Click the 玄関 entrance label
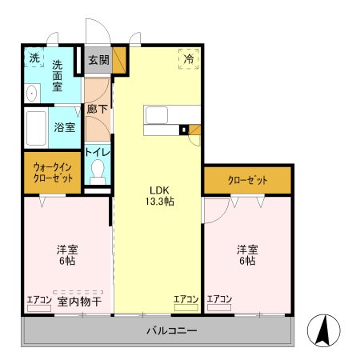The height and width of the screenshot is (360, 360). tap(99, 59)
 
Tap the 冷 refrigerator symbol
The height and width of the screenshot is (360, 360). tap(190, 58)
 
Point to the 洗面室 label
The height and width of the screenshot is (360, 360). tap(58, 76)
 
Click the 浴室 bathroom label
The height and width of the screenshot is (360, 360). tap(63, 126)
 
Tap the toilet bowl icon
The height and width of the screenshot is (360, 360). tap(98, 171)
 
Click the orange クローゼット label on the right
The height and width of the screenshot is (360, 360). tap(247, 180)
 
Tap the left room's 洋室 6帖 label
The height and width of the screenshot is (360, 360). tap(66, 254)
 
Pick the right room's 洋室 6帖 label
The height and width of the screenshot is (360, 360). tap(246, 254)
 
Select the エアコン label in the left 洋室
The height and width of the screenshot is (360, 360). tap(38, 300)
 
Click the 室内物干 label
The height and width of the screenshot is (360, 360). tap(78, 301)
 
